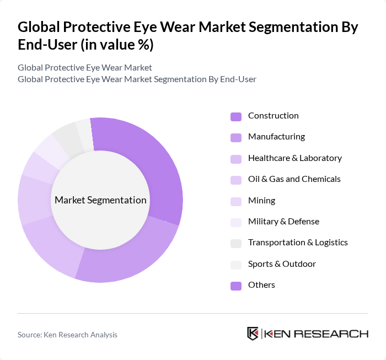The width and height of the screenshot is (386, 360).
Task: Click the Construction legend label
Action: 273,116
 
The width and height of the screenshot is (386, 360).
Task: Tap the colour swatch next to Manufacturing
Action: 236,137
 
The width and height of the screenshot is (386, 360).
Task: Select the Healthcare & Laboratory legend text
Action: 294,158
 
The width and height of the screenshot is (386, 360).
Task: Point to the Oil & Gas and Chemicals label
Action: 294,179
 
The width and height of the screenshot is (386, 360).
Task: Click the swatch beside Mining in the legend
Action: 236,201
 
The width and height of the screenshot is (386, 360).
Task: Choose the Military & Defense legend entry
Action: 283,222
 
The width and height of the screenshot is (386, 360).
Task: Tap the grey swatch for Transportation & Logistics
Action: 236,244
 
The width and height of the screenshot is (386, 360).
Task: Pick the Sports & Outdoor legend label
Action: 282,264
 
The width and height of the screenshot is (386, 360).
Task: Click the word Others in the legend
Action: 261,285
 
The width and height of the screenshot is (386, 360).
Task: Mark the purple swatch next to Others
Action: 236,286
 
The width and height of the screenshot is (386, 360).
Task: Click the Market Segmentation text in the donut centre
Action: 100,200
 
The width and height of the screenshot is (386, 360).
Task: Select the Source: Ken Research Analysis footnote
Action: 67,335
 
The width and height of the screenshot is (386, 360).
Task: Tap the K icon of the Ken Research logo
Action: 253,334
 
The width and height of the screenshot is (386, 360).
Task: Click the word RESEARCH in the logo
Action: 336,334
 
